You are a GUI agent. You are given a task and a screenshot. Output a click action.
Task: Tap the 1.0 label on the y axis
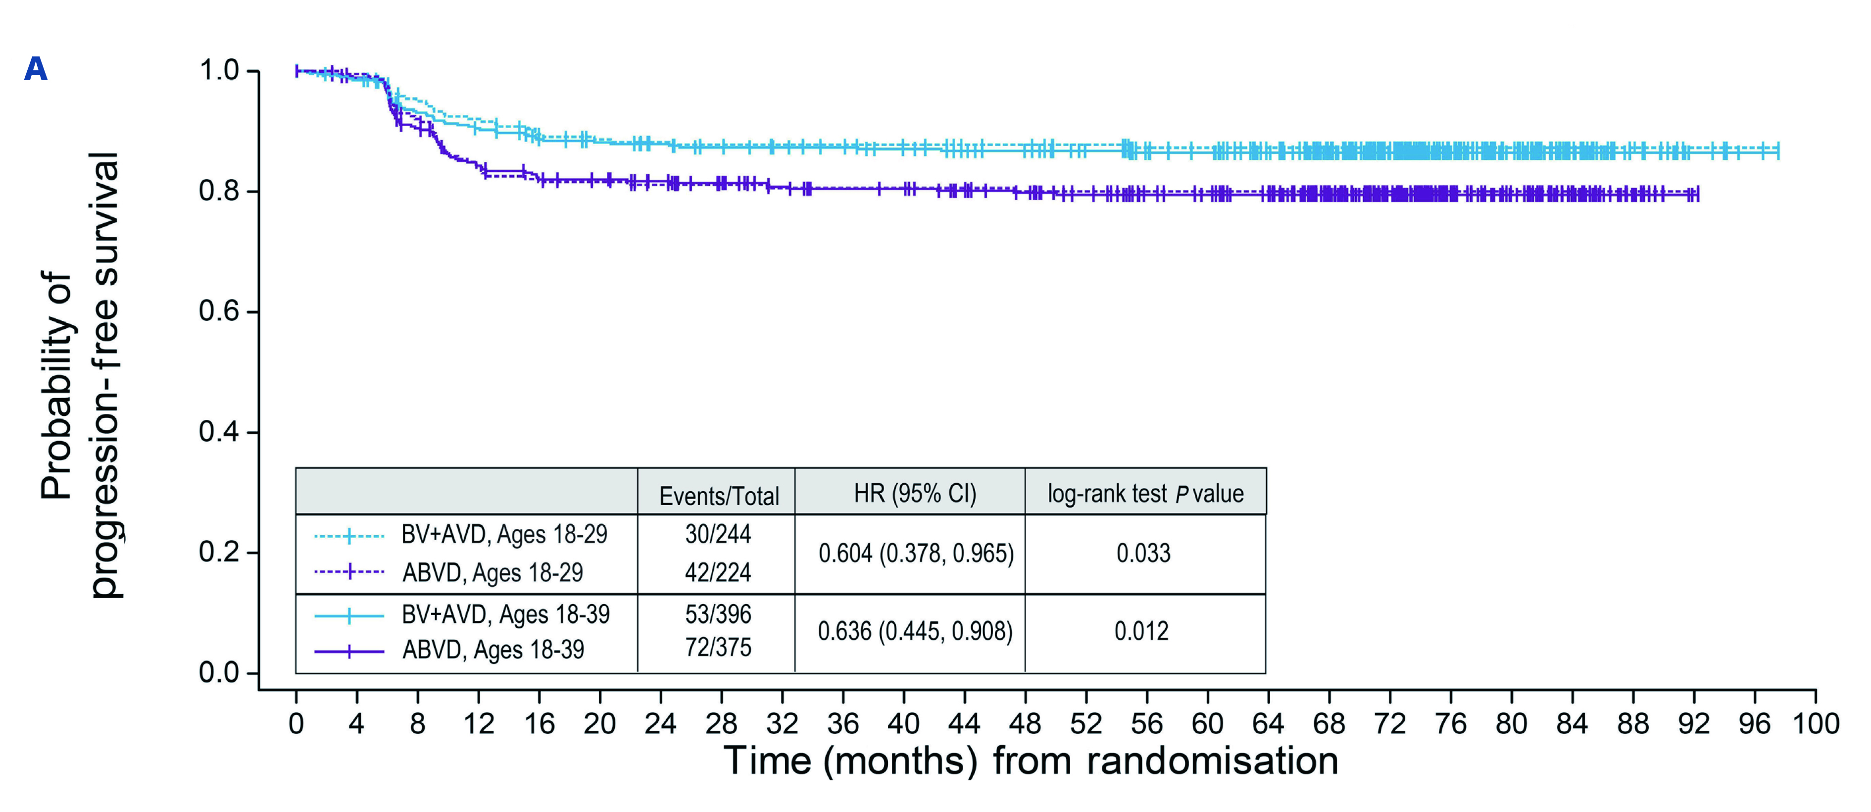pyautogui.click(x=219, y=70)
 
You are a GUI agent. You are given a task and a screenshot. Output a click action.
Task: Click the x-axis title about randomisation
pyautogui.click(x=1031, y=761)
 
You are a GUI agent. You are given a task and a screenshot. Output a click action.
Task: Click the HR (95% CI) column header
pyautogui.click(x=914, y=494)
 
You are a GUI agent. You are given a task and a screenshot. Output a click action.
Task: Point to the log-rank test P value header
pyautogui.click(x=1145, y=494)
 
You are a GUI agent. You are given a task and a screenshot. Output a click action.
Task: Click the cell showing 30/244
pyautogui.click(x=718, y=534)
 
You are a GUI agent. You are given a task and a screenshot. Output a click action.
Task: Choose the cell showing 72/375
pyautogui.click(x=718, y=647)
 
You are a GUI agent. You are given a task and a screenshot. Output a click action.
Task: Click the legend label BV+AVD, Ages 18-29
pyautogui.click(x=504, y=535)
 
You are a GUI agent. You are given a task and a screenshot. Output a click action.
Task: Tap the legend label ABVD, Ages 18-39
pyautogui.click(x=493, y=649)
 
